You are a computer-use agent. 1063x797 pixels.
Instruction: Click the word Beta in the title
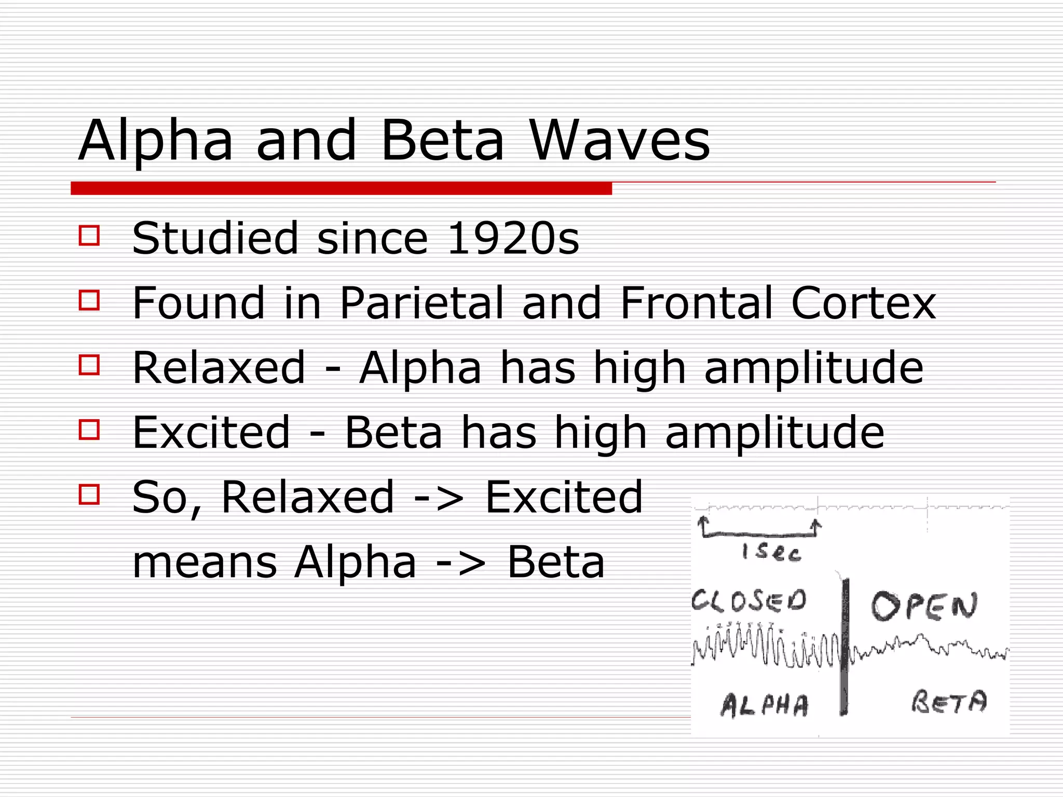pyautogui.click(x=442, y=140)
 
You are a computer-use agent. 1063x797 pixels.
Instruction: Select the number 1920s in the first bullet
pyautogui.click(x=512, y=238)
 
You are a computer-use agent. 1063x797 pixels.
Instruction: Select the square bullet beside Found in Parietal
pyautogui.click(x=89, y=300)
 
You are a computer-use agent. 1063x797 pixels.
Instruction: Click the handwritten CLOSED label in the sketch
pyautogui.click(x=749, y=601)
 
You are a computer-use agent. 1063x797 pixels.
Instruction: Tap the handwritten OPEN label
pyautogui.click(x=924, y=606)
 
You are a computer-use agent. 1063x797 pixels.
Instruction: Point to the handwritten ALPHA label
pyautogui.click(x=765, y=705)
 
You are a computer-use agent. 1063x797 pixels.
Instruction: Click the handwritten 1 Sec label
pyautogui.click(x=772, y=552)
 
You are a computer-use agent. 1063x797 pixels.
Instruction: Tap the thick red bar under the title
pyautogui.click(x=341, y=188)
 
